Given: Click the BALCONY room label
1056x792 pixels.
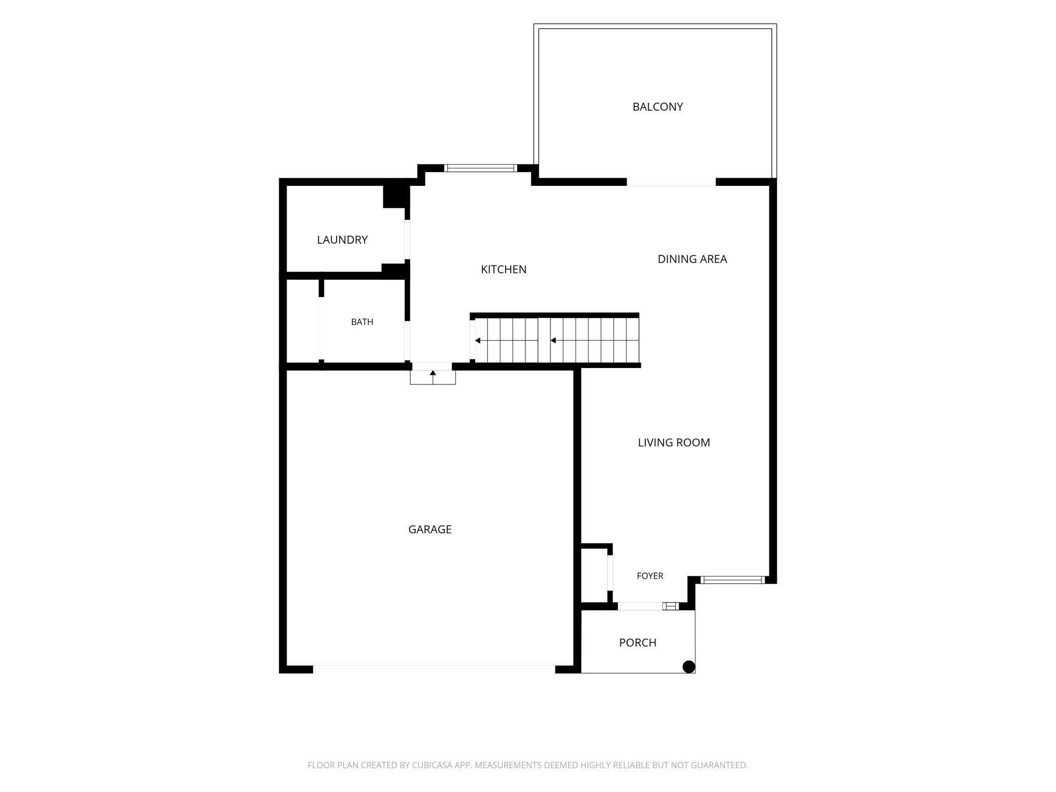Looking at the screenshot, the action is tap(657, 107).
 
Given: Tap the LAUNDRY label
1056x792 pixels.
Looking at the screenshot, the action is tap(342, 240).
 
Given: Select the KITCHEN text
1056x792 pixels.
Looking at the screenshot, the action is tap(504, 269).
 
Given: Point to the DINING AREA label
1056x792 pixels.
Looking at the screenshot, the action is tap(692, 259).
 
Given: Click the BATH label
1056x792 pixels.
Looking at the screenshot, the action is tap(362, 322).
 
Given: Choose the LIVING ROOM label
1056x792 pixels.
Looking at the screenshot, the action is tap(674, 442).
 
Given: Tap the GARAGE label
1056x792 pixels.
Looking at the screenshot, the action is tap(430, 530).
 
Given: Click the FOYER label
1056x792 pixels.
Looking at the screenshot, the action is tap(650, 576).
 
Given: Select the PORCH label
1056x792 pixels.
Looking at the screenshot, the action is tap(638, 643).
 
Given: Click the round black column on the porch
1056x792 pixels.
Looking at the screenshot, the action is tap(688, 667).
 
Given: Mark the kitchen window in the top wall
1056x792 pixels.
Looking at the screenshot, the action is tap(480, 168).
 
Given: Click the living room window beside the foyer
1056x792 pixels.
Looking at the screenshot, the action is tap(733, 580).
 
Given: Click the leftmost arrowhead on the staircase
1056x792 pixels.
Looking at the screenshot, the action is tap(478, 341).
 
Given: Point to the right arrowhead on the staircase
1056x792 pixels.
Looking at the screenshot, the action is tap(553, 341).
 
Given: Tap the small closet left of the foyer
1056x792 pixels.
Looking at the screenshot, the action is tap(594, 576).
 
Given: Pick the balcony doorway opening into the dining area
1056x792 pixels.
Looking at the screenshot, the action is tap(671, 182).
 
